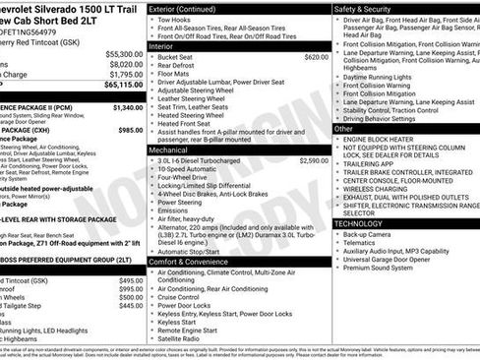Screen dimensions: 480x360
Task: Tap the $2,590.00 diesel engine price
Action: point(313,159)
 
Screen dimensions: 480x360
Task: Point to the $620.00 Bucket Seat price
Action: point(316,57)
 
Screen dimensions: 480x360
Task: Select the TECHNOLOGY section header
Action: point(359,223)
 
